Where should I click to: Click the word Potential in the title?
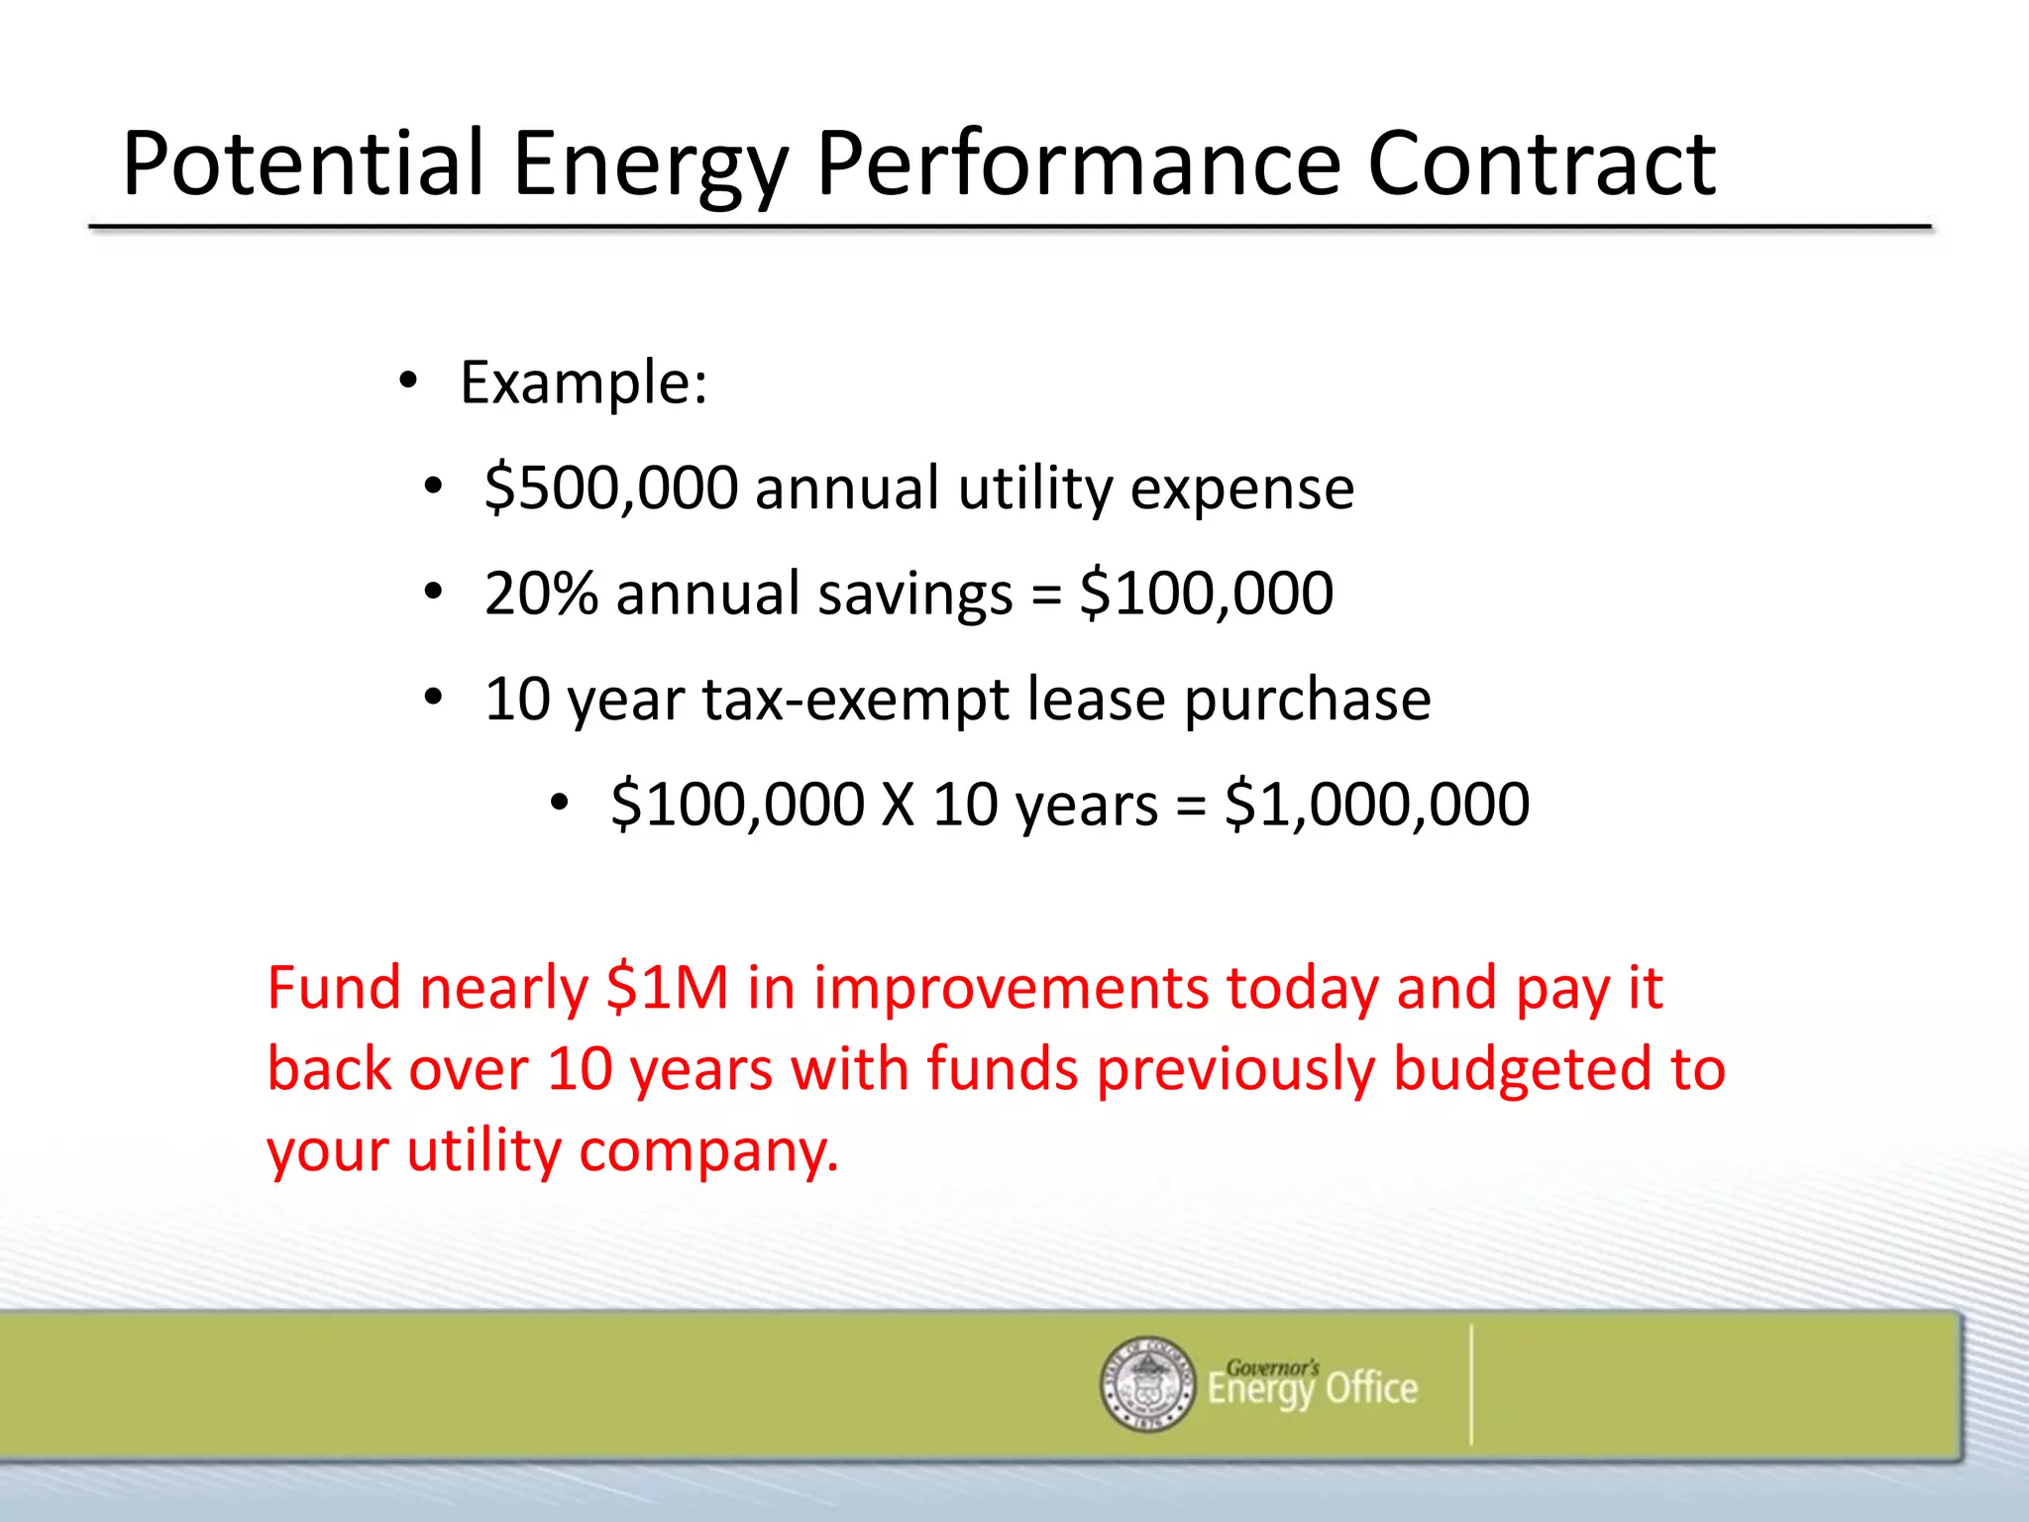pos(302,163)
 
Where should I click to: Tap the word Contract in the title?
pos(1541,163)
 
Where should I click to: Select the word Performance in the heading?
pos(1078,163)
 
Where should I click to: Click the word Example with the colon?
pos(584,383)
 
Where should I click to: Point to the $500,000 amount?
pos(611,489)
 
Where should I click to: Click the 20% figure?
pos(541,594)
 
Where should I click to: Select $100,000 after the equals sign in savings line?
pos(1206,594)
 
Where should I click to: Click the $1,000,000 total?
pos(1377,805)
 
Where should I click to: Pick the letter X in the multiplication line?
pos(898,805)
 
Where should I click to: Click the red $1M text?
pos(667,989)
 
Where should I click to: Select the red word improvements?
pos(1011,989)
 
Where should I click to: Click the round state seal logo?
pos(1147,1384)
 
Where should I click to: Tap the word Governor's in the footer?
pos(1272,1367)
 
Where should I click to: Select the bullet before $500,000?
pos(432,488)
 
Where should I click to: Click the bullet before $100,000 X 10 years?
pos(560,804)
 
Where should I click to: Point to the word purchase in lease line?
pos(1307,700)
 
